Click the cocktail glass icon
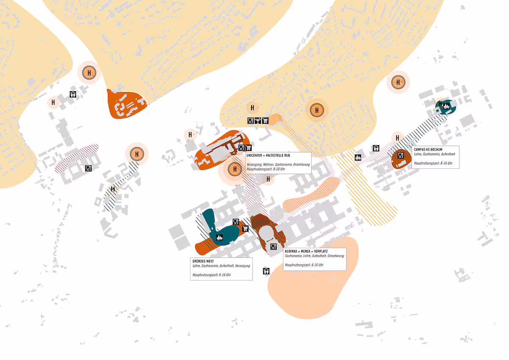point(258,120)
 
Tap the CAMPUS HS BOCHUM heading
point(428,150)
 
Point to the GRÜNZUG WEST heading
point(203,261)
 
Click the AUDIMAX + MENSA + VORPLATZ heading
point(306,251)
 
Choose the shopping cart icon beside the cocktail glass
point(266,120)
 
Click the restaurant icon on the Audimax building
point(273,246)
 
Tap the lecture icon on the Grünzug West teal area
point(219,237)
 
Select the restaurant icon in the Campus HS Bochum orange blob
point(400,156)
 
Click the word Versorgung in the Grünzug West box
point(242,266)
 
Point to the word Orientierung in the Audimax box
point(336,256)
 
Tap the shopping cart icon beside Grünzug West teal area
point(245,229)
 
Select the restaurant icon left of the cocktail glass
point(250,120)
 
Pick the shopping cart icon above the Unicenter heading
point(249,148)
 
